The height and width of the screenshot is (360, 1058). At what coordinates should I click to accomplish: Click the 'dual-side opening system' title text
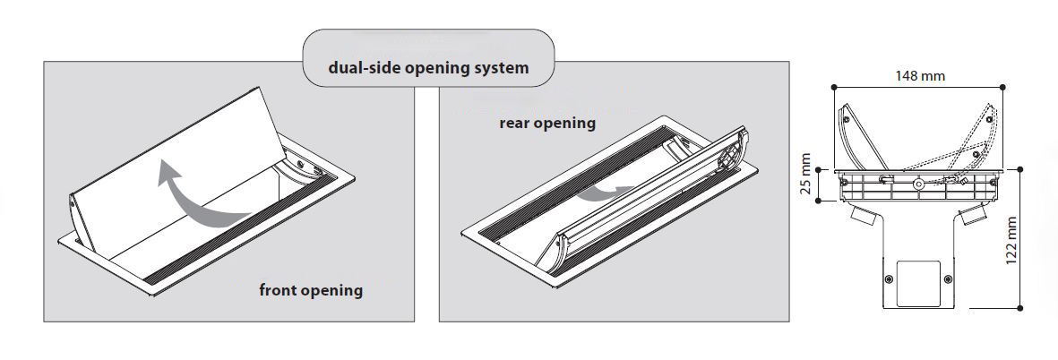click(428, 67)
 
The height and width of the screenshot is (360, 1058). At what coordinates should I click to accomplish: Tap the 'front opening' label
click(311, 290)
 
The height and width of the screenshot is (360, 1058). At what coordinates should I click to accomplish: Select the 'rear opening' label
click(547, 124)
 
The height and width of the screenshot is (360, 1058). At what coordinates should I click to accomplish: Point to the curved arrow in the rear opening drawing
click(599, 194)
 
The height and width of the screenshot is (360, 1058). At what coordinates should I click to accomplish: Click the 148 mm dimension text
click(920, 75)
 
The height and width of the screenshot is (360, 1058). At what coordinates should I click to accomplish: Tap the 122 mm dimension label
click(1011, 241)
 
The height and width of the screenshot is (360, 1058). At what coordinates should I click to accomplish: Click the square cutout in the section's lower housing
click(920, 279)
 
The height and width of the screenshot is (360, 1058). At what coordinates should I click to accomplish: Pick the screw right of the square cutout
click(949, 279)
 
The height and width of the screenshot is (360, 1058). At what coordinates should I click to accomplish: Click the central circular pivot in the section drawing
click(917, 184)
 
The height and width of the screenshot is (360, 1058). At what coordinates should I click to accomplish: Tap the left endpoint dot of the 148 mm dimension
click(835, 87)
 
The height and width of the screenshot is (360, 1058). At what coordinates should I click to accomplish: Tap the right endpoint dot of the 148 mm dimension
click(1002, 87)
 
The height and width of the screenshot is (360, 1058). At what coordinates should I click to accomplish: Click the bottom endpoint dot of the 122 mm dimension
click(1020, 308)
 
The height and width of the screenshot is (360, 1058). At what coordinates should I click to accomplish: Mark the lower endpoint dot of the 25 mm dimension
click(819, 201)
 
